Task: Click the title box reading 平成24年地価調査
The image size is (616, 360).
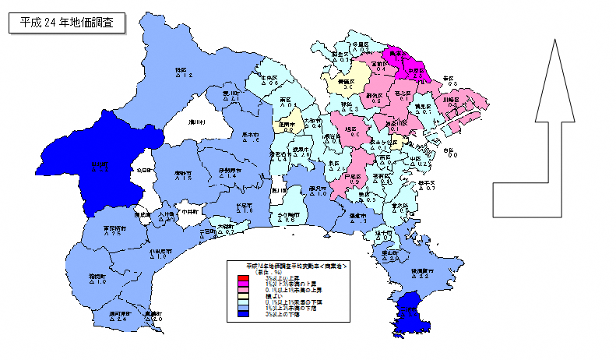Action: [x=66, y=23]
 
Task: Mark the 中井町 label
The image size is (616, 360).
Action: [x=192, y=211]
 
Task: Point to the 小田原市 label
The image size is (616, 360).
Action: [x=161, y=251]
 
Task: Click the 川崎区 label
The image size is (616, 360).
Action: [x=452, y=100]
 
